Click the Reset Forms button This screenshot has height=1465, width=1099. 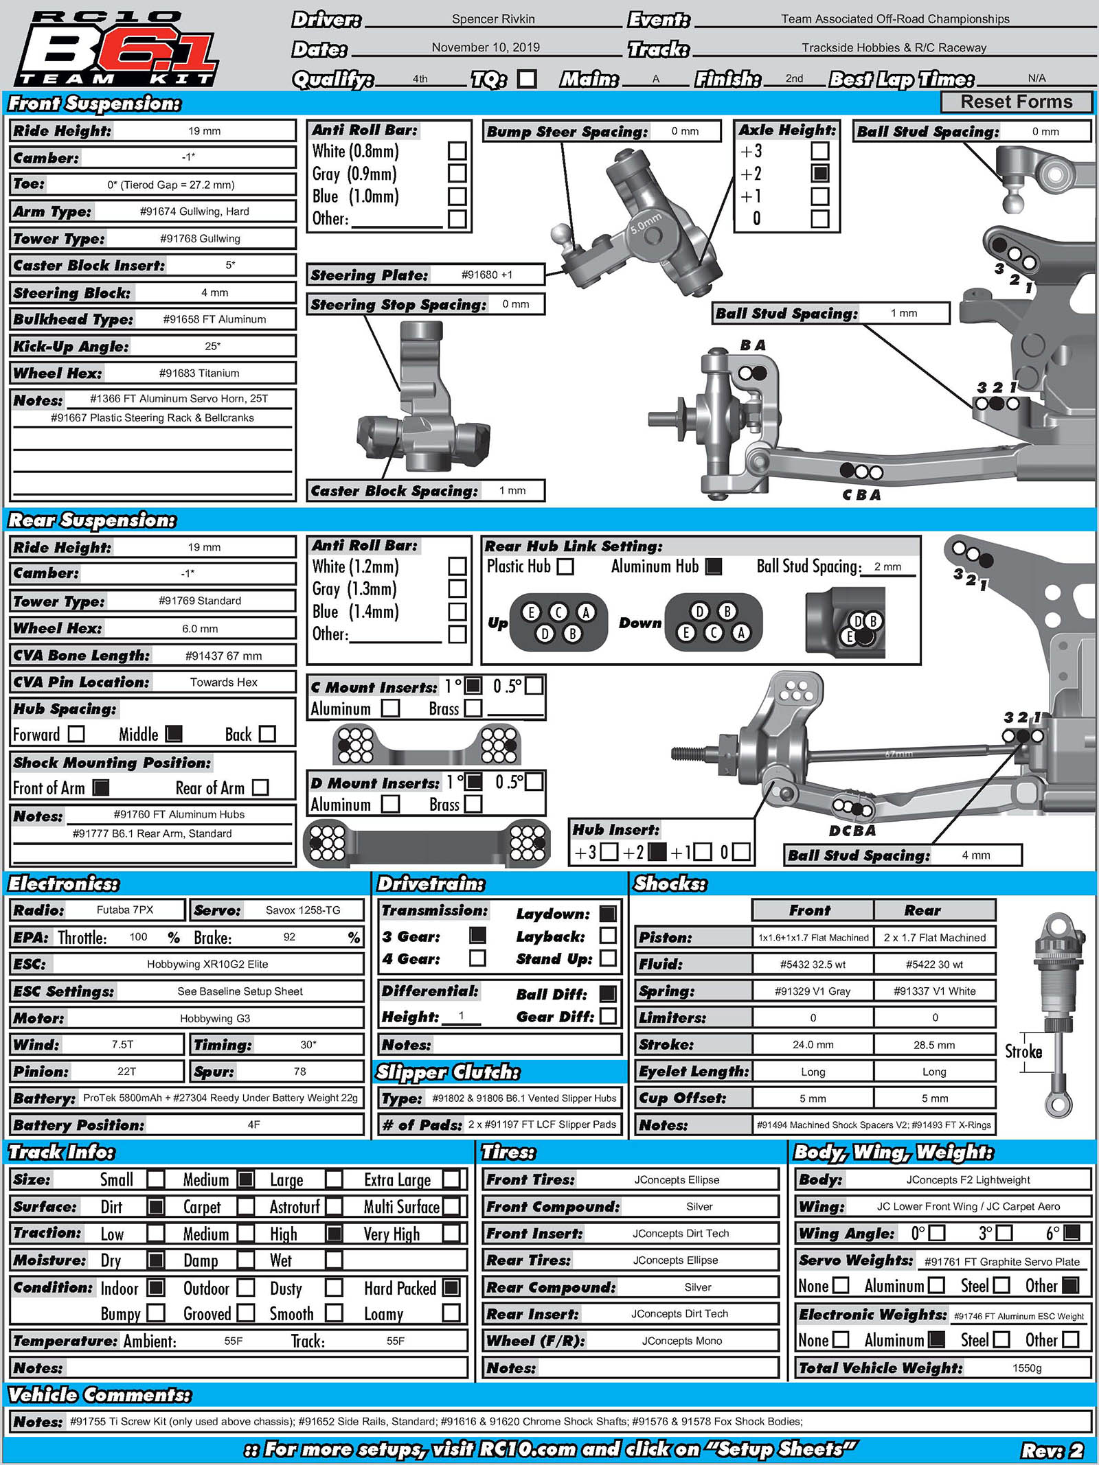click(x=1016, y=102)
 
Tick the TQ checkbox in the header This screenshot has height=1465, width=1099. click(x=527, y=79)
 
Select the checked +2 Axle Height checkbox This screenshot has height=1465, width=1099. click(x=819, y=173)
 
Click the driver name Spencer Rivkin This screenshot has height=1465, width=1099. click(x=492, y=19)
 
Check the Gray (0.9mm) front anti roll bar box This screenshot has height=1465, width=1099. click(x=457, y=174)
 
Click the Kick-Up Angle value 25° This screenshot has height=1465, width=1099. click(x=212, y=346)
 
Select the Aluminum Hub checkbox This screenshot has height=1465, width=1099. click(x=714, y=566)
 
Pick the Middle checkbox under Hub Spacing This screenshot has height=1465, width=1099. click(x=174, y=734)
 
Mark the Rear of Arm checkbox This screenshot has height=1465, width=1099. click(x=260, y=787)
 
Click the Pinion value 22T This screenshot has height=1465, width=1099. click(x=126, y=1071)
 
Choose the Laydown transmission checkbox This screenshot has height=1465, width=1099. click(x=608, y=913)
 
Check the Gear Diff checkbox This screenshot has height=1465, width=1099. click(x=608, y=1016)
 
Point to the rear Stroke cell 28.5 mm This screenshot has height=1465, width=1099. click(x=934, y=1045)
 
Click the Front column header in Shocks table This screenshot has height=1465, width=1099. click(x=811, y=910)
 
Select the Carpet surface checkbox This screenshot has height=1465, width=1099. click(x=245, y=1206)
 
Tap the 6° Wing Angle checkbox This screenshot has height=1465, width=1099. click(x=1072, y=1233)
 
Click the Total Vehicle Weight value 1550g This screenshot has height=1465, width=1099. click(x=1027, y=1368)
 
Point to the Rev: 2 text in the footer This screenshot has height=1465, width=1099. click(x=1052, y=1450)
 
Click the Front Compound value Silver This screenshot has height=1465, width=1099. click(x=699, y=1206)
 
